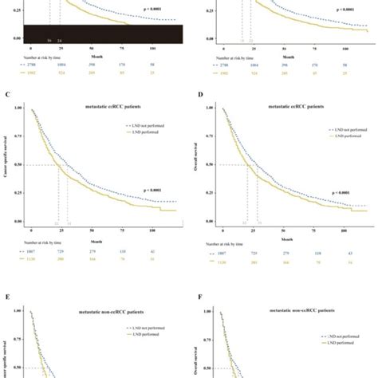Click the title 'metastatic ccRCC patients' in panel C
(103, 99)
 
